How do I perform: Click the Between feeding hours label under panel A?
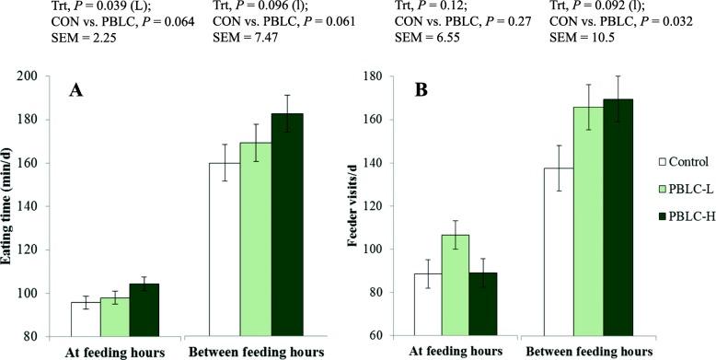click(243, 353)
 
